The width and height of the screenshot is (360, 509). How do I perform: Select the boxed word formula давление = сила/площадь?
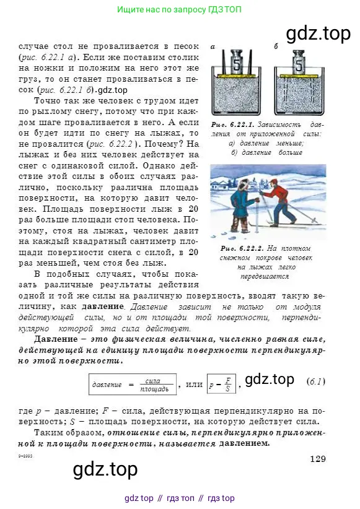pos(132,385)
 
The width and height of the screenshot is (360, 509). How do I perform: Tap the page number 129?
pos(317,458)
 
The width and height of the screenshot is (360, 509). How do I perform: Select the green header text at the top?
pos(179,10)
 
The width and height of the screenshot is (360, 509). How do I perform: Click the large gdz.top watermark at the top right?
pos(317,33)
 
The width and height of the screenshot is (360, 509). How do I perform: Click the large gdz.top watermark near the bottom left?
pos(105,470)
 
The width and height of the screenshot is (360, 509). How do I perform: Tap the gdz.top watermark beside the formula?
pos(269,380)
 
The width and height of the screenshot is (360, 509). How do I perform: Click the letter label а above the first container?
pos(213,46)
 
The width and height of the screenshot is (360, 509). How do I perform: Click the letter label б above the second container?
pos(276,46)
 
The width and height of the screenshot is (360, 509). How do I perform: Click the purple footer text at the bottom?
pos(179,498)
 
